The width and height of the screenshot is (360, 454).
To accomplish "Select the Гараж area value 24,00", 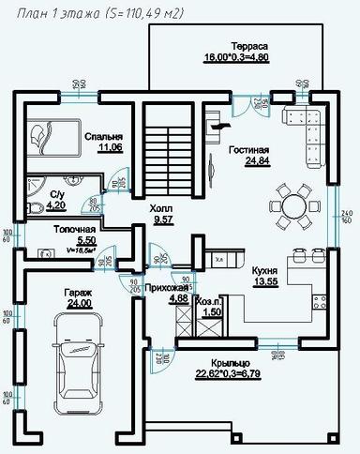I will click(78, 303).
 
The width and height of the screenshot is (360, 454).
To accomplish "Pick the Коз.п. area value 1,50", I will click(212, 311).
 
